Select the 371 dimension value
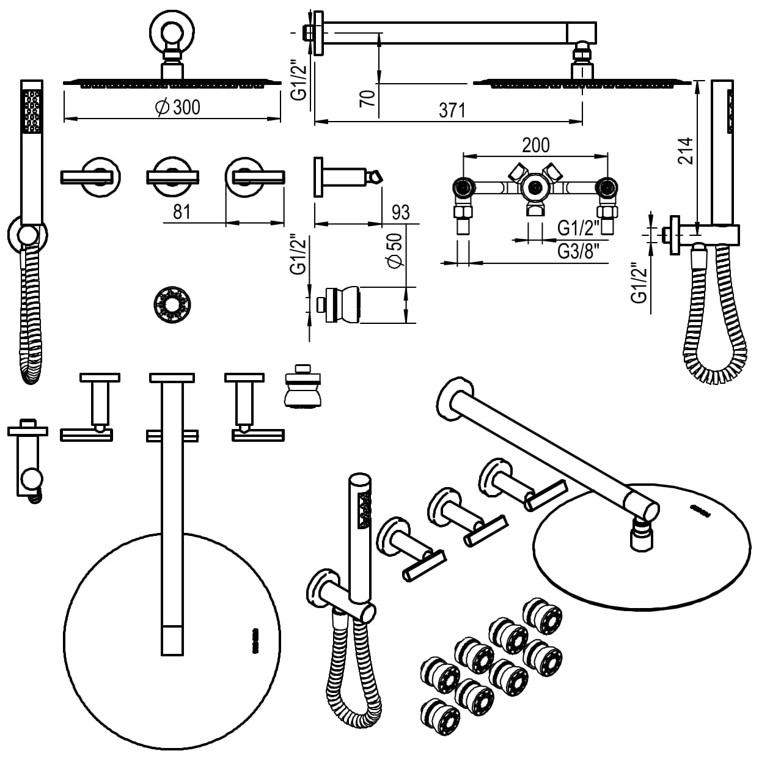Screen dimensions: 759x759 (x=452, y=111)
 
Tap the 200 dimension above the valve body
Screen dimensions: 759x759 (x=536, y=145)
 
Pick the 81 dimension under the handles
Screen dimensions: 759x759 (x=182, y=212)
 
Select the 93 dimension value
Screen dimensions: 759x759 (x=400, y=213)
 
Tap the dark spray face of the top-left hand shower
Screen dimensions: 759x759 (x=32, y=111)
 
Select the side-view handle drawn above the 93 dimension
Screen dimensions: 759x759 (x=345, y=177)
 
